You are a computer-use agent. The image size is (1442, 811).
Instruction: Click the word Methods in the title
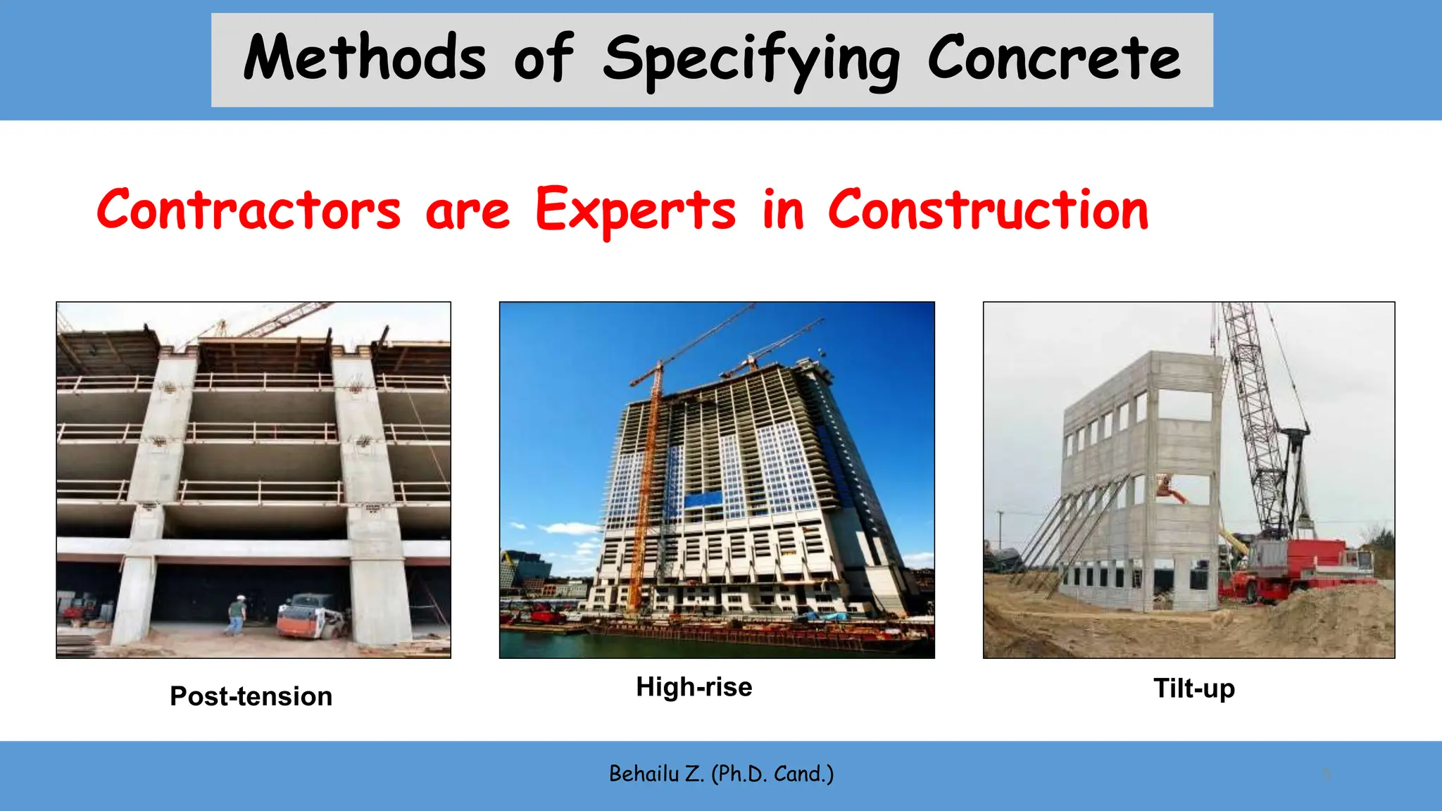[x=364, y=58]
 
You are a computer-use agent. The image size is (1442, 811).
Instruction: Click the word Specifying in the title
[x=751, y=60]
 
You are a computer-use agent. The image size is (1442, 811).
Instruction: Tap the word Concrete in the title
[x=1053, y=58]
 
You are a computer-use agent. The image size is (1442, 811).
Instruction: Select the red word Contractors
[x=249, y=210]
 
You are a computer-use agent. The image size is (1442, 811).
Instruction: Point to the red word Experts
[x=635, y=210]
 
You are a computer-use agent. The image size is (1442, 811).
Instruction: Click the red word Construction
[x=988, y=210]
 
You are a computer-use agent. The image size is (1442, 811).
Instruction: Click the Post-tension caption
[x=251, y=696]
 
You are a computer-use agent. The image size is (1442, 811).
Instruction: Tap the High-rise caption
[x=694, y=686]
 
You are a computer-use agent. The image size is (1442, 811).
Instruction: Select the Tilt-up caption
[x=1193, y=688]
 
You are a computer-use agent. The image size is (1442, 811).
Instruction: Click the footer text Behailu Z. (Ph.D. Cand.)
[x=721, y=774]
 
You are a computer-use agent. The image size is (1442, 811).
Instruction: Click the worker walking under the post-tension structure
[x=237, y=615]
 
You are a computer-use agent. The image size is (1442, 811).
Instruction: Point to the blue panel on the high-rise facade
[x=703, y=499]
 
